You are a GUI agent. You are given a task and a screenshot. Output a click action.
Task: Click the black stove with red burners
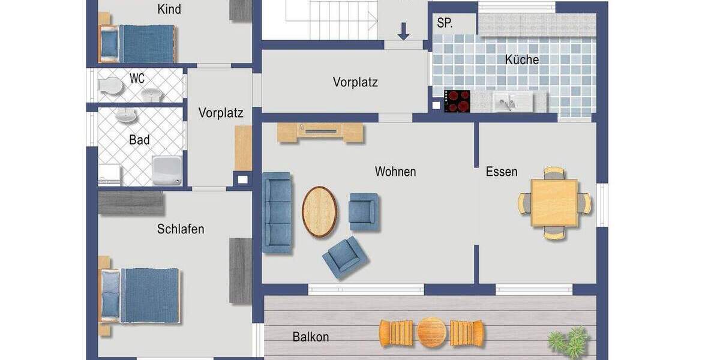pos(457,101)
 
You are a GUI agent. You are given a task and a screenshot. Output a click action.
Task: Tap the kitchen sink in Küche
pos(512,101)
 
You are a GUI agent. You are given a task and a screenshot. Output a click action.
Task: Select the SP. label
pos(445,23)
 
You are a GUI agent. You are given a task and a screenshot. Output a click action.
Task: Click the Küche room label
pos(521,60)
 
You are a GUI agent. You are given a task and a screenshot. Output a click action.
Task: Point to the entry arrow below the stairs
pos(403,31)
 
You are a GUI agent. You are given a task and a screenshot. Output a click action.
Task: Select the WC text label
pos(137,79)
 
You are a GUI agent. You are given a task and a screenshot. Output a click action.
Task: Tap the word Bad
pos(139,140)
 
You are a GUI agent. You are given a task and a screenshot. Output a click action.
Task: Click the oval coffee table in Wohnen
pos(319,212)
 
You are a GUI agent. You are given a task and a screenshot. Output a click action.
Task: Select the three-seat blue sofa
pos(277,212)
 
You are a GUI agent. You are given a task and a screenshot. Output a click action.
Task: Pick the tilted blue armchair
pos(345,257)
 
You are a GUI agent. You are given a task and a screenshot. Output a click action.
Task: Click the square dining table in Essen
pos(554,203)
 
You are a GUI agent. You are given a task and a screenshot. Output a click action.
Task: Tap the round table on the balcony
pos(432,332)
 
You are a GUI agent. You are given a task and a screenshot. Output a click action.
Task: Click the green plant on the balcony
pos(568,342)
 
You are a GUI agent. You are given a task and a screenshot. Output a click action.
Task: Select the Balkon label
pos(310,337)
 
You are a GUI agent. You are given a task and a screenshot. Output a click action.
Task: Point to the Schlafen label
pos(181,229)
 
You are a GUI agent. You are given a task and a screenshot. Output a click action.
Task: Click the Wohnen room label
pos(395,172)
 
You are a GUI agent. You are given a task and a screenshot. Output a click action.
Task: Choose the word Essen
pos(501,172)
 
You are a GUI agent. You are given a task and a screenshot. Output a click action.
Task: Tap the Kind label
pos(169,10)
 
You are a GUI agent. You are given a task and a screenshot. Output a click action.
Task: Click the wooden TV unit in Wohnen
pos(320,132)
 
